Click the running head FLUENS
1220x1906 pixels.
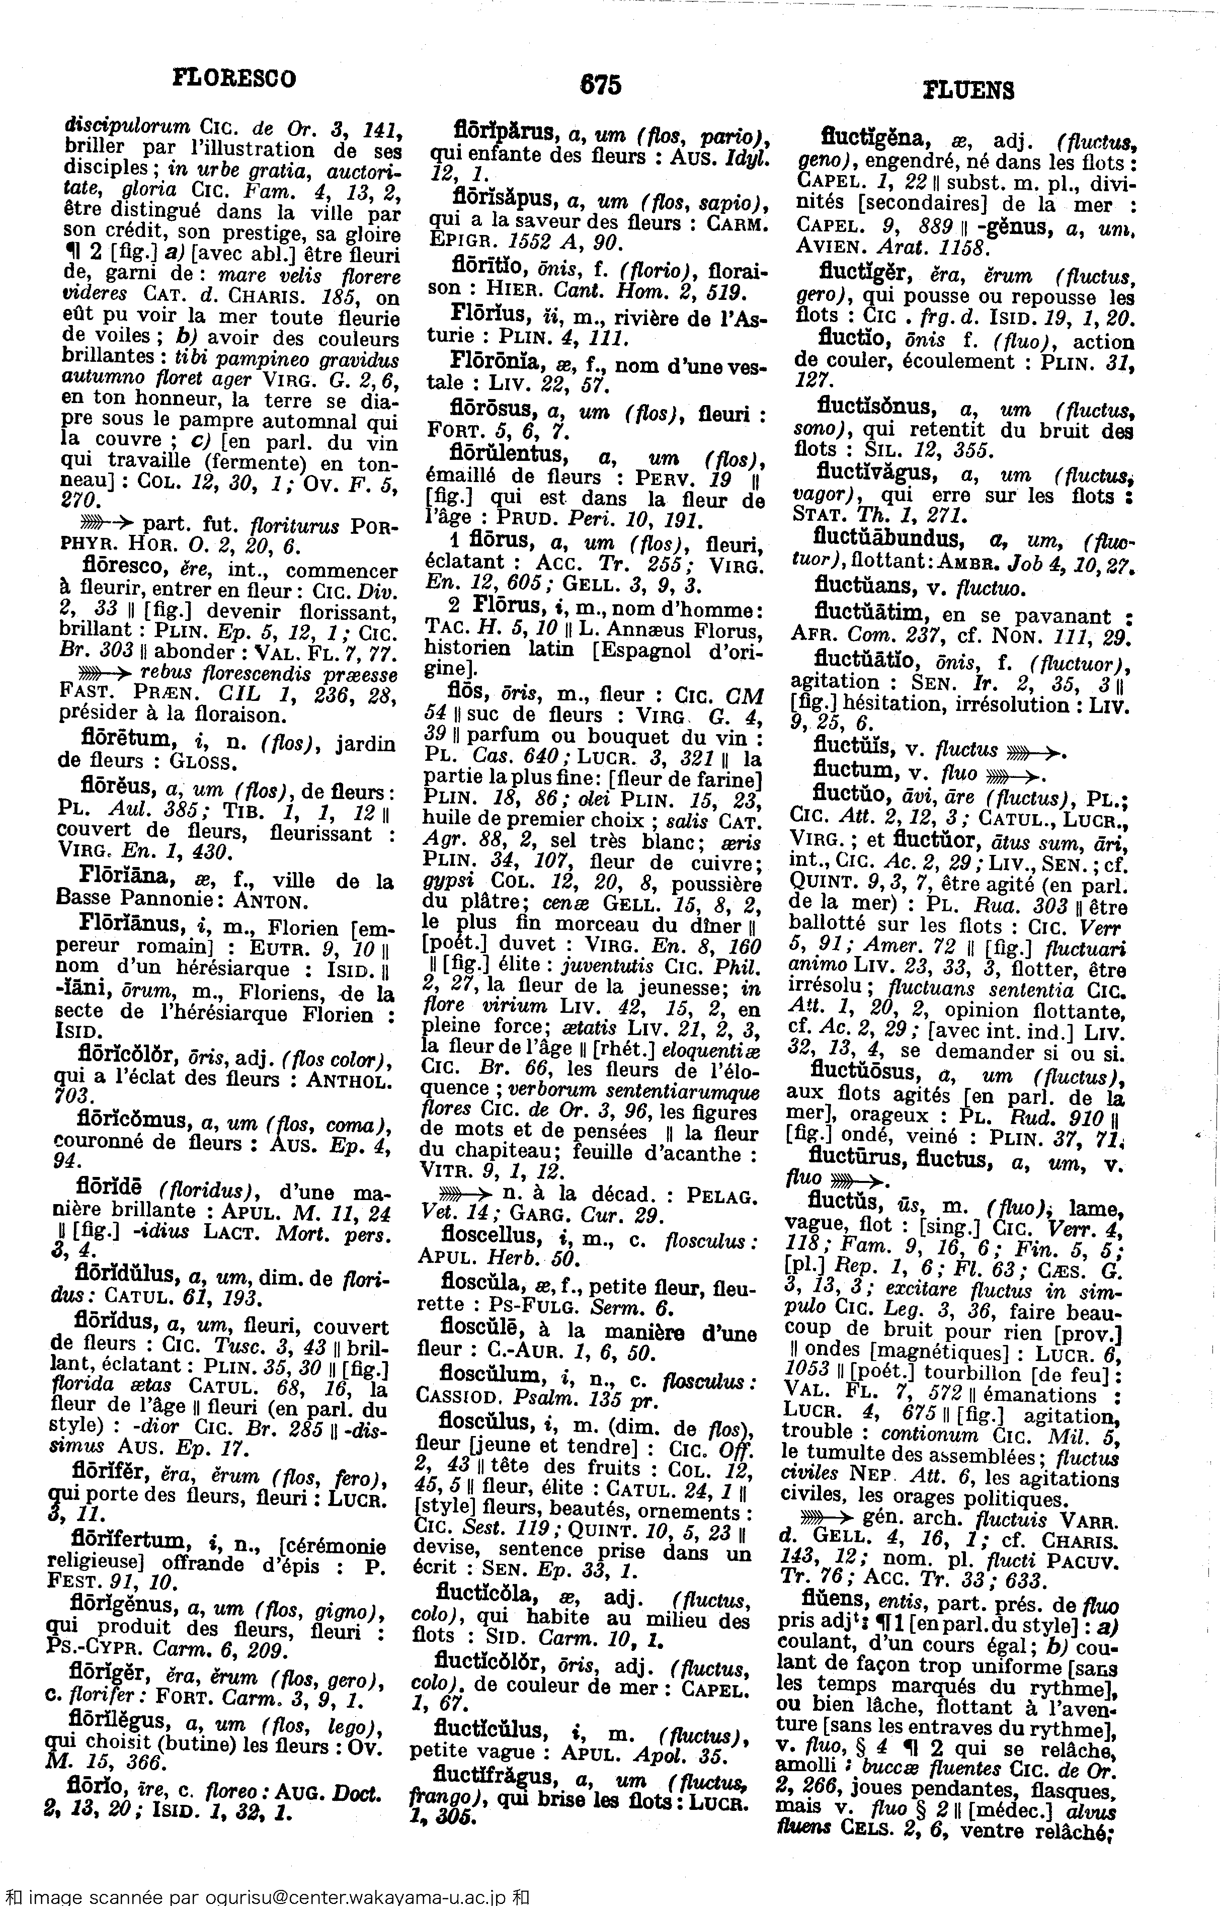(x=968, y=91)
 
